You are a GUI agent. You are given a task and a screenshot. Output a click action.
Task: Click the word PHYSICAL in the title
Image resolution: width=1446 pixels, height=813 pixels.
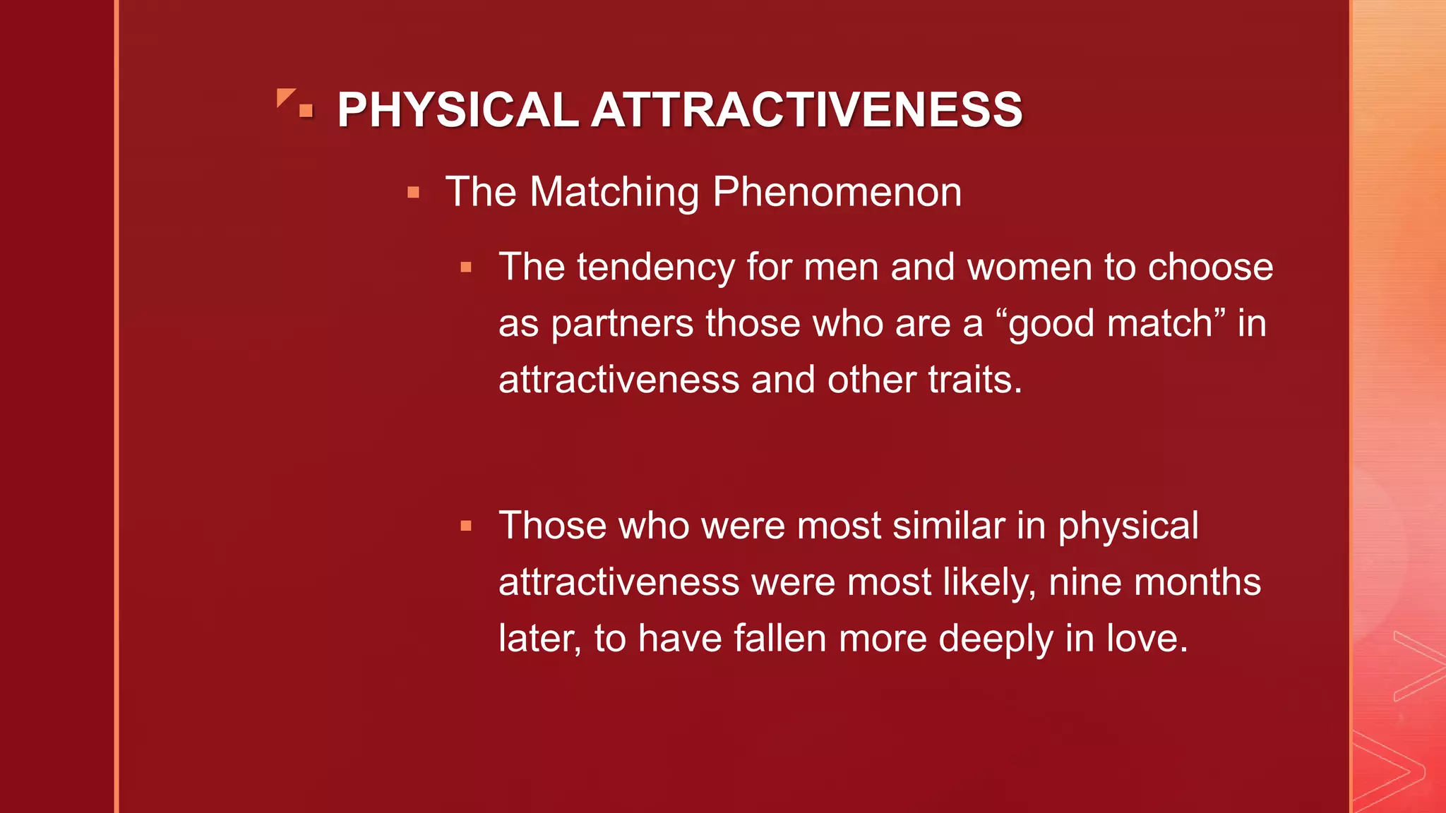pyautogui.click(x=458, y=110)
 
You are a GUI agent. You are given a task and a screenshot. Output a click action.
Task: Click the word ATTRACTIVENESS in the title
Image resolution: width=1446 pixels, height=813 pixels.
pyautogui.click(x=806, y=110)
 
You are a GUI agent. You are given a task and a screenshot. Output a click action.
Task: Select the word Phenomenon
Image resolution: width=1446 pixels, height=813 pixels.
pyautogui.click(x=837, y=192)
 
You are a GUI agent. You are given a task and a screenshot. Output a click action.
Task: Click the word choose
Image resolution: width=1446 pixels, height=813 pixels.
pyautogui.click(x=1210, y=268)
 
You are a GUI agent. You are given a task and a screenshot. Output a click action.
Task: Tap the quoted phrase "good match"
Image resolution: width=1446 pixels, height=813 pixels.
pyautogui.click(x=1110, y=325)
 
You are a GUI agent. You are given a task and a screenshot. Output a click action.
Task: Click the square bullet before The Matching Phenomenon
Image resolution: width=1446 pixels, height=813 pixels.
pyautogui.click(x=414, y=193)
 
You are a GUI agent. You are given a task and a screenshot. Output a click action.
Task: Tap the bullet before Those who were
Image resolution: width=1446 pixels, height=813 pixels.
pyautogui.click(x=466, y=526)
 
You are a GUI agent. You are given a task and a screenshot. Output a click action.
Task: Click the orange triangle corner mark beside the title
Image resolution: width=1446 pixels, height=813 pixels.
pyautogui.click(x=285, y=97)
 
